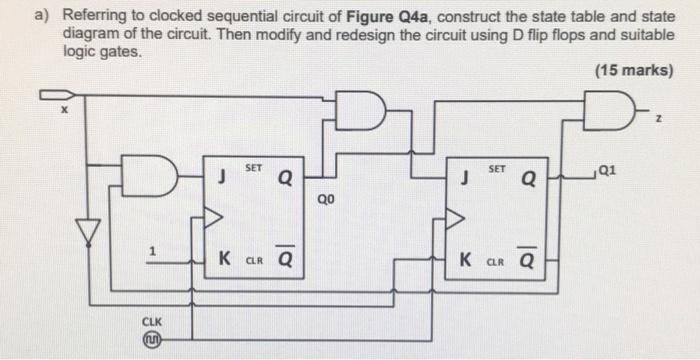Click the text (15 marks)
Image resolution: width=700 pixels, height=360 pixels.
633,71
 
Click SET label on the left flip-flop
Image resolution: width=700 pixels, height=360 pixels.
253,169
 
